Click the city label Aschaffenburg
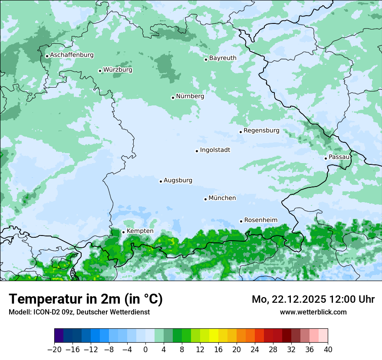72,55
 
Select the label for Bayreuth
223,58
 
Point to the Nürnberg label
190,96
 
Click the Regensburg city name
261,131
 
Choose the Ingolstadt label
215,150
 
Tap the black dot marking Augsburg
161,181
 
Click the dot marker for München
205,199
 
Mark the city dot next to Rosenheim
241,221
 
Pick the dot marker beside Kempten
123,232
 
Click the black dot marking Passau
326,158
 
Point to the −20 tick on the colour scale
54,350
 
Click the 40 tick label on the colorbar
328,350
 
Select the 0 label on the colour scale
145,350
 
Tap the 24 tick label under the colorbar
255,350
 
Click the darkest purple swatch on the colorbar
59,336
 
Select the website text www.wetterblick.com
313,312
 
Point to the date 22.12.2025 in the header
298,299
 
